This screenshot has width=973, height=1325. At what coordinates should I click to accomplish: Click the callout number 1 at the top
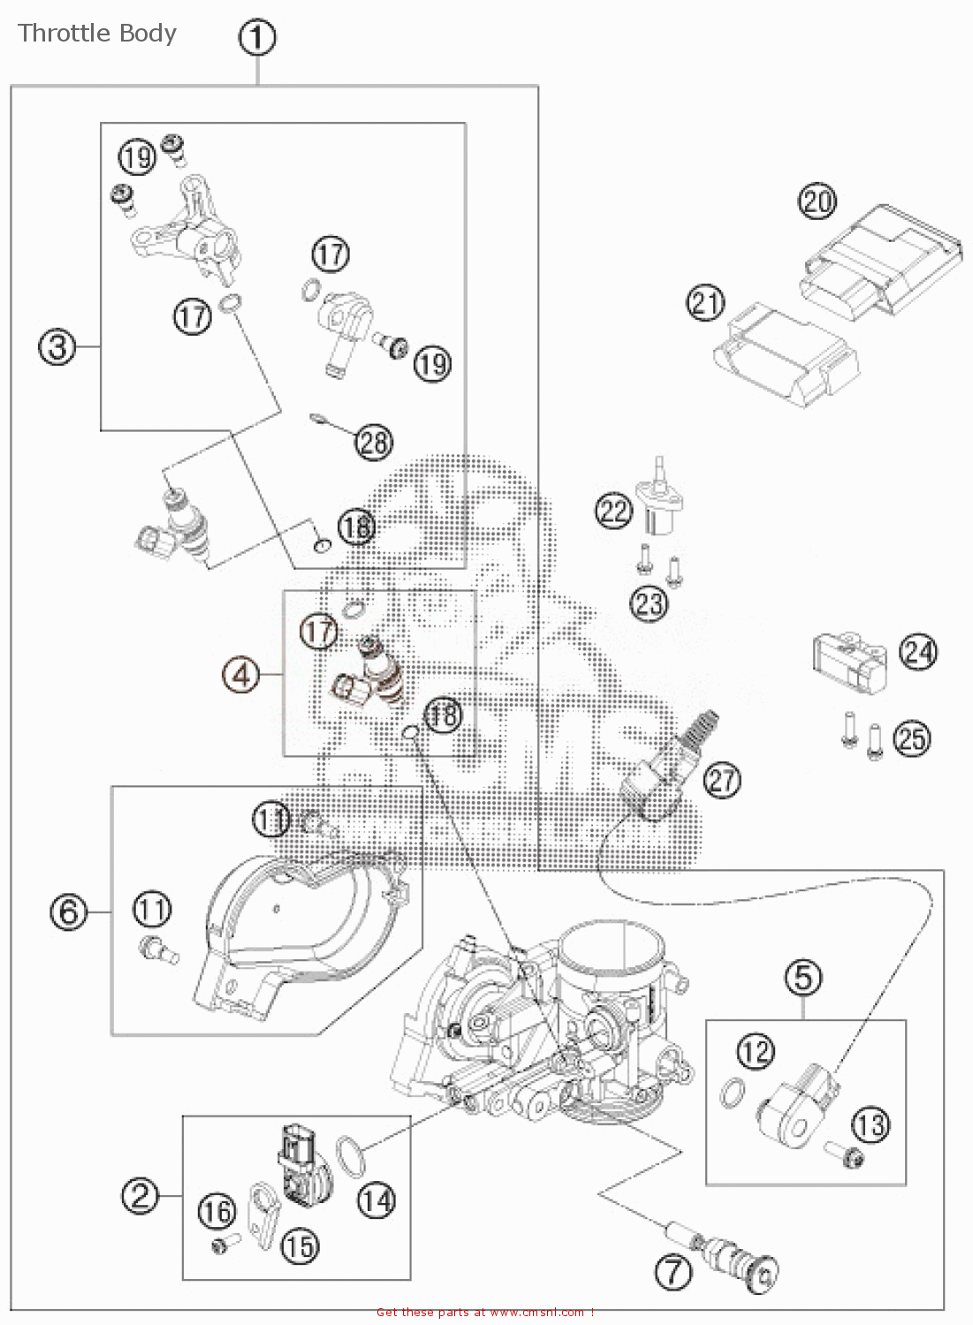click(257, 38)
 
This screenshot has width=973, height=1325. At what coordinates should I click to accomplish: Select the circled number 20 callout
click(817, 201)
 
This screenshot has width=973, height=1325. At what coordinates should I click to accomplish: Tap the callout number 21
click(705, 303)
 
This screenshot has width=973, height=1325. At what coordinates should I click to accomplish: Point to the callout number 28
click(374, 442)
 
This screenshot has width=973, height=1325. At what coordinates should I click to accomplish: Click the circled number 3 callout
click(57, 346)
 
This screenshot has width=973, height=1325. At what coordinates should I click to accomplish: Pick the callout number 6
click(69, 912)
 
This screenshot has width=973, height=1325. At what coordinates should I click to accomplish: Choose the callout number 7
click(673, 1272)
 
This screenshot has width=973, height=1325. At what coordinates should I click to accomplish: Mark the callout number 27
click(722, 780)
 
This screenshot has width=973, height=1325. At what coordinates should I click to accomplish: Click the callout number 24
click(918, 653)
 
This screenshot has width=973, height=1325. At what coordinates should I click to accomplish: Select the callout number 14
click(376, 1200)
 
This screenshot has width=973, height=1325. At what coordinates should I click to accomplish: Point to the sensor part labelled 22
click(659, 503)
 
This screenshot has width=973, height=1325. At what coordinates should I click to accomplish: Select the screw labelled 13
click(844, 1153)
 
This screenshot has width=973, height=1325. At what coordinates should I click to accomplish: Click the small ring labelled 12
click(733, 1094)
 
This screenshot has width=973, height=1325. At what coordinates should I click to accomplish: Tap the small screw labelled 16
click(225, 1244)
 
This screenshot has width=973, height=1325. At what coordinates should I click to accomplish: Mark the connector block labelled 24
click(848, 661)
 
